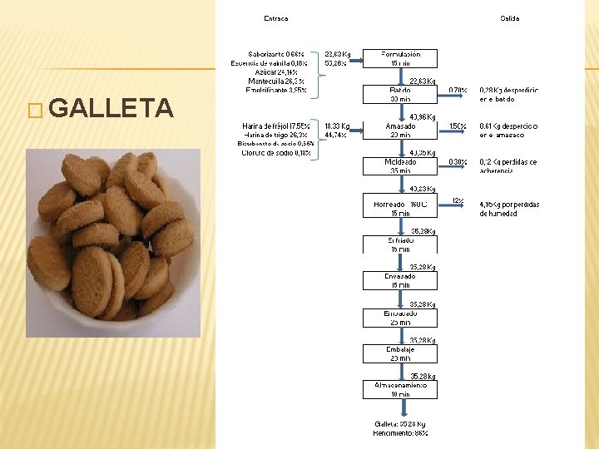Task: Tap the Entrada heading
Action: click(x=276, y=18)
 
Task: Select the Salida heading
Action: click(x=509, y=18)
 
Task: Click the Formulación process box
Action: click(x=399, y=58)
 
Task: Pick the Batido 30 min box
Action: click(x=399, y=93)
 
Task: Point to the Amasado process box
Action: click(x=399, y=131)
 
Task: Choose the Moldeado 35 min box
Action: click(x=399, y=166)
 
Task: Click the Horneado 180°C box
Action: click(x=399, y=207)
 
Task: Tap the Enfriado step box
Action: click(x=399, y=244)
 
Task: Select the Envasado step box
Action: click(x=399, y=280)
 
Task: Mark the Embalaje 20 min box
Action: click(x=399, y=353)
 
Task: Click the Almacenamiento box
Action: click(x=399, y=390)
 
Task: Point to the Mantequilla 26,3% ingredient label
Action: click(x=277, y=81)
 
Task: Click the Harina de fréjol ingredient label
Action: click(x=275, y=126)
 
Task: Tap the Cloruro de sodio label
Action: click(x=275, y=153)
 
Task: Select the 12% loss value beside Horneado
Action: click(x=458, y=200)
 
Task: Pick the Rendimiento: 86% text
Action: click(x=400, y=433)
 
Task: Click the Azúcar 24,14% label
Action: click(x=277, y=72)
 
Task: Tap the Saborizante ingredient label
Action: click(x=275, y=54)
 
